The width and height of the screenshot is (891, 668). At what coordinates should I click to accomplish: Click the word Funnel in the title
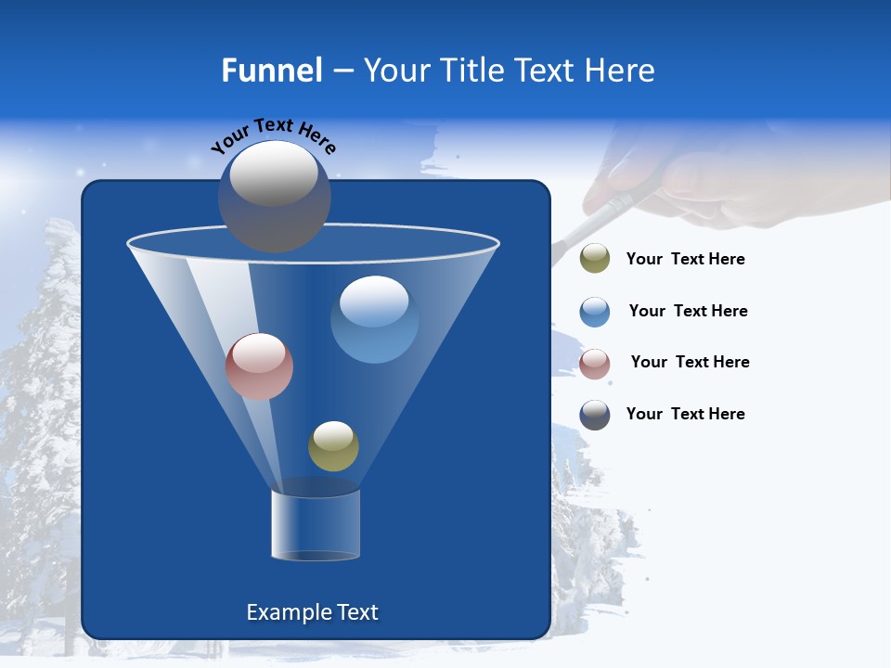271,71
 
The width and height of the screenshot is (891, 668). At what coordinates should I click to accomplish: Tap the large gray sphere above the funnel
274,196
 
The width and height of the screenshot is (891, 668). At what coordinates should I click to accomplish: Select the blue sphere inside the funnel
374,319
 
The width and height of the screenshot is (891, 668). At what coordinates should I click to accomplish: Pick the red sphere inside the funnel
259,366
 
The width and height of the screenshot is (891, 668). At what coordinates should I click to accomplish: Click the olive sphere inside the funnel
333,446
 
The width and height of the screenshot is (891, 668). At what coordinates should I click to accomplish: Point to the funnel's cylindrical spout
315,525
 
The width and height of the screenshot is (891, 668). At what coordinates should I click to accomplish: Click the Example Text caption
312,612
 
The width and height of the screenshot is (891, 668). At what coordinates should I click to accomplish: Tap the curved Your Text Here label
274,135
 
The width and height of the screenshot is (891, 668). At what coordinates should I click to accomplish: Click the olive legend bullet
595,259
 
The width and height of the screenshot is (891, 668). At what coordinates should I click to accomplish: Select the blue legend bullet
595,312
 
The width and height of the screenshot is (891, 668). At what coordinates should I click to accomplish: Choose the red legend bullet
595,364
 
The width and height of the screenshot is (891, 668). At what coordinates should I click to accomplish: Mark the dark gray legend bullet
595,415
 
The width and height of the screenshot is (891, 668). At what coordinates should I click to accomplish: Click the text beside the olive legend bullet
685,260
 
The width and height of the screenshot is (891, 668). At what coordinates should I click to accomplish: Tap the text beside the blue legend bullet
688,312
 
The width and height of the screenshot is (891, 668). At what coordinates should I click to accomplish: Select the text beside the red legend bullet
690,363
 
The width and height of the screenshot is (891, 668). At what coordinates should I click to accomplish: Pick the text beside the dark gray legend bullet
685,415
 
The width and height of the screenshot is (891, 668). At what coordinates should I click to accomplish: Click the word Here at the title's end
619,71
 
